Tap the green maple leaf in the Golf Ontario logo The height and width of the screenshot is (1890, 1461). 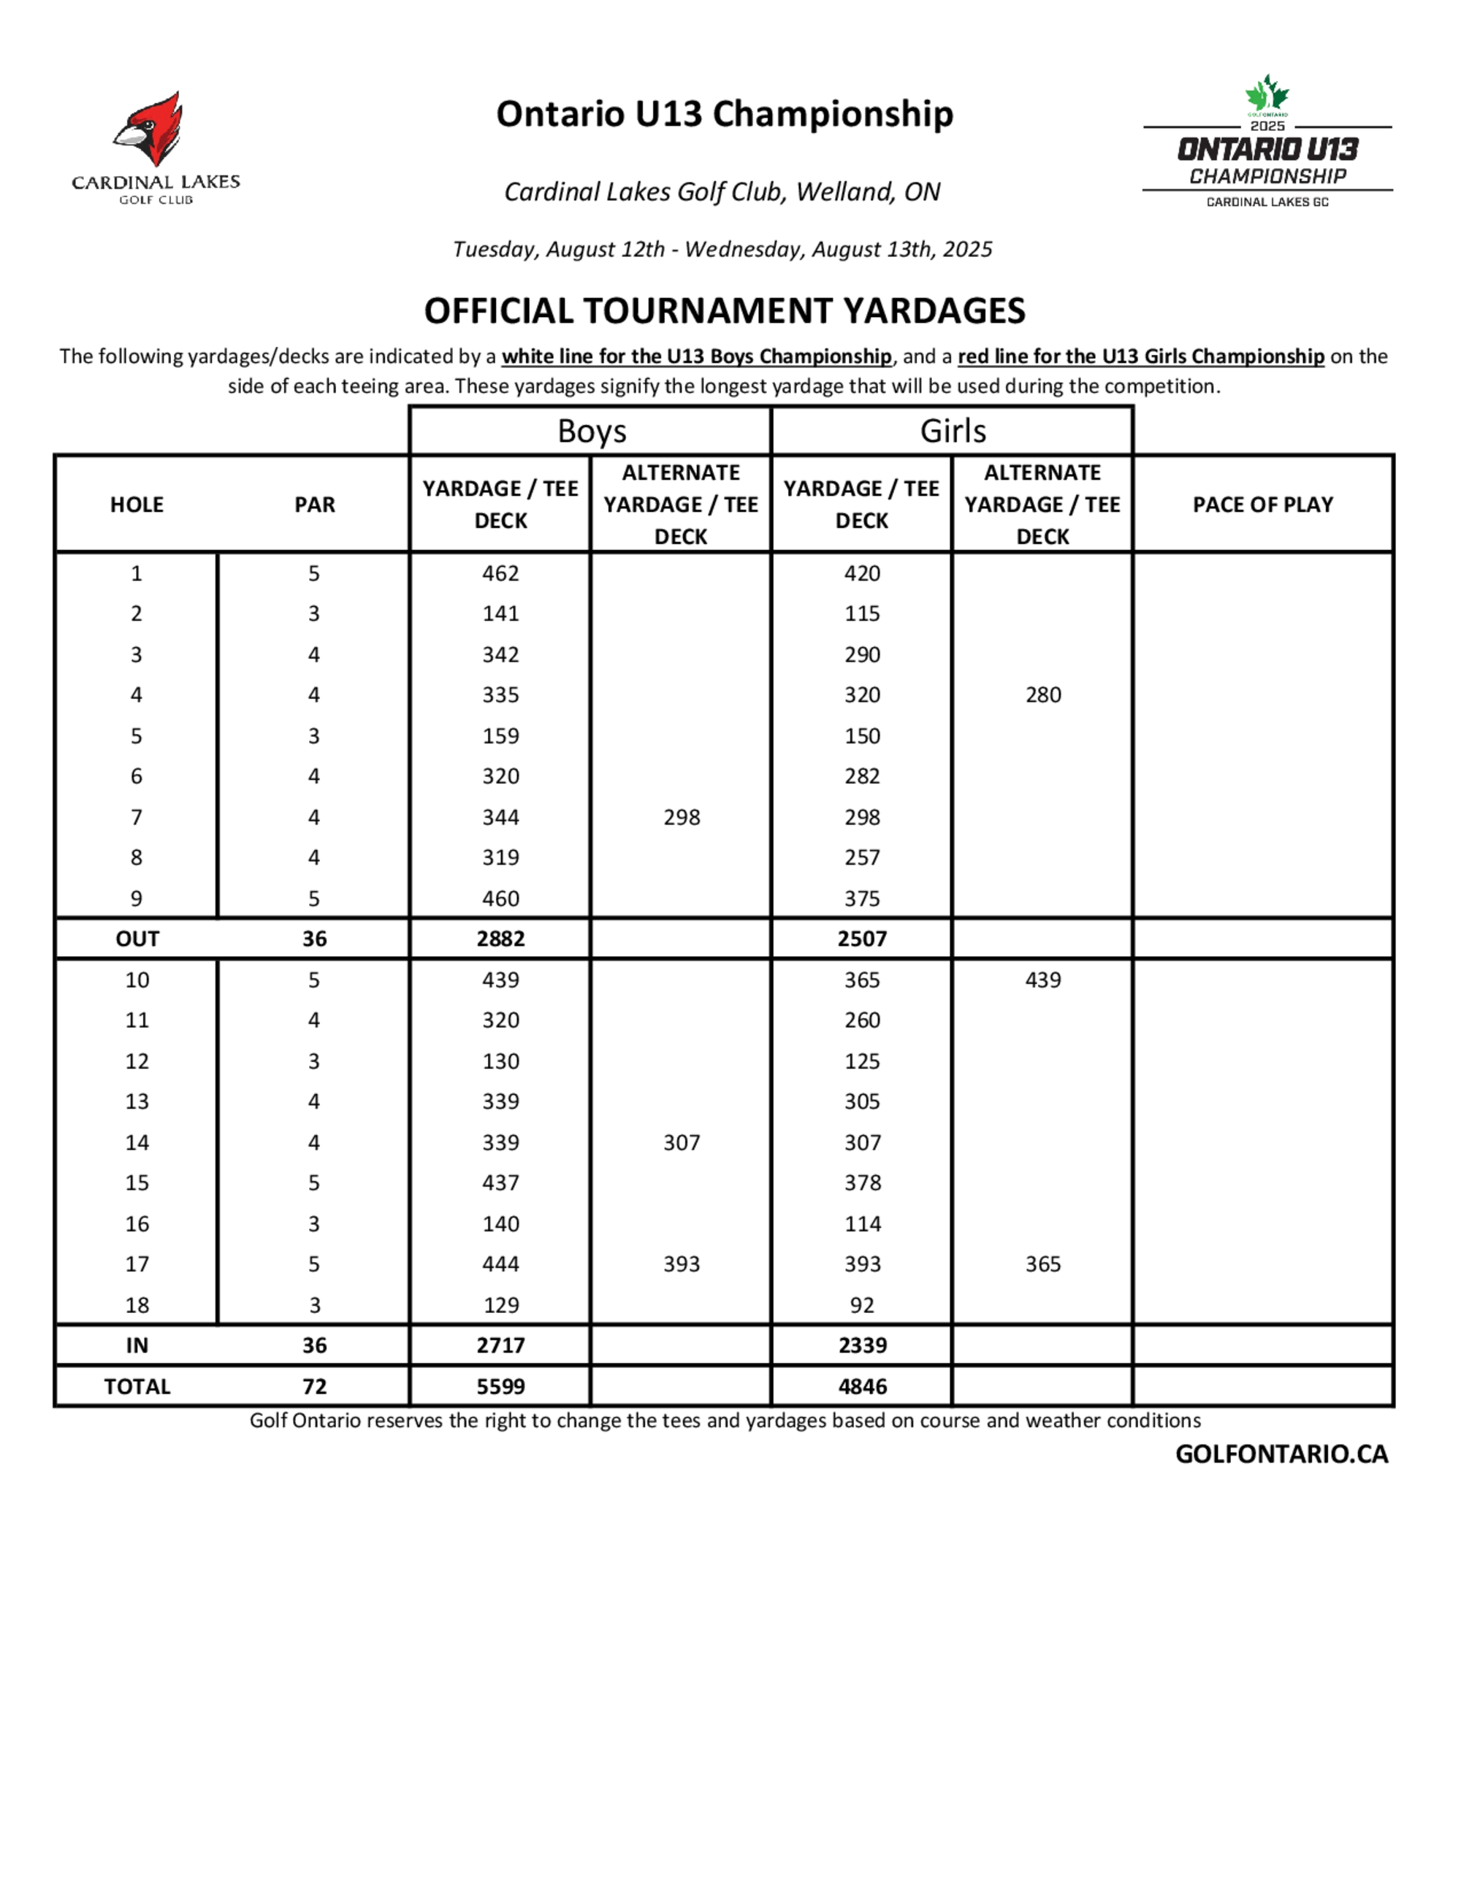coord(1267,93)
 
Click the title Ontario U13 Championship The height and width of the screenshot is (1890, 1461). coord(725,113)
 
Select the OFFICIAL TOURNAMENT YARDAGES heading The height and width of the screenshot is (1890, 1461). coord(725,310)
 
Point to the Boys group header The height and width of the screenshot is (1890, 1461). coord(591,431)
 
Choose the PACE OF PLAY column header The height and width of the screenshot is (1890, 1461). coord(1263,505)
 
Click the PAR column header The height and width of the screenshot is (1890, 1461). coord(314,505)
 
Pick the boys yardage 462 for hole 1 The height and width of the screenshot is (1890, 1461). coord(500,573)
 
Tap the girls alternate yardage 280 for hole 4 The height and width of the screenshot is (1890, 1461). coord(1043,695)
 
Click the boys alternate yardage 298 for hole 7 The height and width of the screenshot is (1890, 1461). coord(681,817)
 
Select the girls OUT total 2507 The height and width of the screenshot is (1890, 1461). coord(862,939)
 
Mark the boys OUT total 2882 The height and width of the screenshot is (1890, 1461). coord(500,939)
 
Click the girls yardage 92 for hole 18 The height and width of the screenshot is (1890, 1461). coord(862,1305)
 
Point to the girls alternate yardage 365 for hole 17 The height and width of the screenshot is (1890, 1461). coord(1043,1264)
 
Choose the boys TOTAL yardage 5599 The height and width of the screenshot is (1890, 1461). coord(500,1386)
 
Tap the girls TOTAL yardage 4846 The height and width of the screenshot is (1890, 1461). coord(862,1386)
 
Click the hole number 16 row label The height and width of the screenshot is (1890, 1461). coord(137,1224)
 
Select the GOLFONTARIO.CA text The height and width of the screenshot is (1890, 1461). coord(1281,1454)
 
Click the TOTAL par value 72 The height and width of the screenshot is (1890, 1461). coord(314,1386)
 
